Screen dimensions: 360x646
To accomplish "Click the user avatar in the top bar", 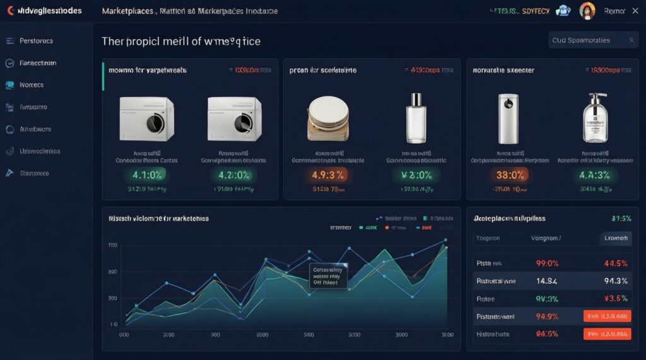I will pos(587,11).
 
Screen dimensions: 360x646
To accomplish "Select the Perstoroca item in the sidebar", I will pos(35,40).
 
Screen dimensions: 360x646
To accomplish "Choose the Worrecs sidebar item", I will pos(32,84).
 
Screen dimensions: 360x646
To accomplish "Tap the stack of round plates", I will pos(328,118).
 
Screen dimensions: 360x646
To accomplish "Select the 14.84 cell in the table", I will pos(546,281).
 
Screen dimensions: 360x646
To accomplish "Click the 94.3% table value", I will pos(615,281).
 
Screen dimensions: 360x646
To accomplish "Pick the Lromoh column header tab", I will pos(614,238).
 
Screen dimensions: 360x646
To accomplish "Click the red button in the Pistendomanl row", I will pos(607,316).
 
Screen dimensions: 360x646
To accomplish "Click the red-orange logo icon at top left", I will pos(11,11).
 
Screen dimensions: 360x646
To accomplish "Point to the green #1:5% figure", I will pos(621,218).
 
